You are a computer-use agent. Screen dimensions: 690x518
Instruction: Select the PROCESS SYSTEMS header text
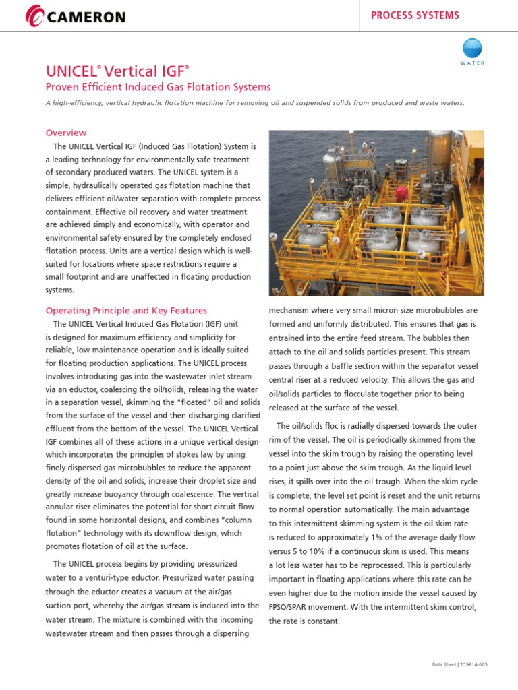pos(415,15)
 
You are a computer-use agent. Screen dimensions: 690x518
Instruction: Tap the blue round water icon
pos(471,48)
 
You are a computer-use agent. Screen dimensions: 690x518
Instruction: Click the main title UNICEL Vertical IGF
pos(117,71)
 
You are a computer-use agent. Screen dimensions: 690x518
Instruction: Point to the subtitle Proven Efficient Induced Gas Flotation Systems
pos(158,87)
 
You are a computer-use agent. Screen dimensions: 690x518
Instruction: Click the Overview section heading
pos(65,133)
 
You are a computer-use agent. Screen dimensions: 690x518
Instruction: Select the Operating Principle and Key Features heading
pos(126,311)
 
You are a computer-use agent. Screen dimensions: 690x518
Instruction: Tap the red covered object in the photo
pos(402,193)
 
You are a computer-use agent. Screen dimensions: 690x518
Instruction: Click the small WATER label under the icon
pos(471,63)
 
